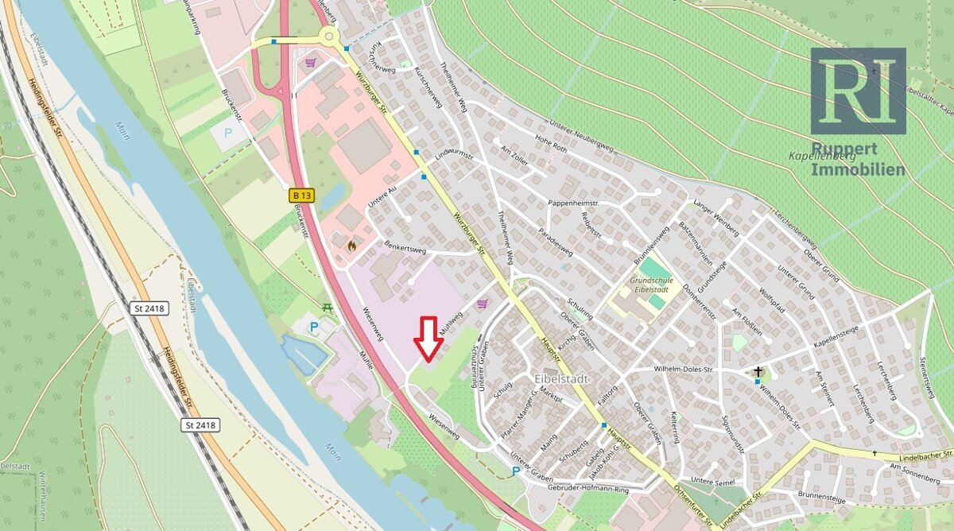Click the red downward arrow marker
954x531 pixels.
(430, 338)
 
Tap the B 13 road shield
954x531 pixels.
(300, 195)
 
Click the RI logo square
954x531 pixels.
(858, 91)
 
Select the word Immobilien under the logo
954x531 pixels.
(858, 169)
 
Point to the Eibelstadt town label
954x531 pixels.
(561, 379)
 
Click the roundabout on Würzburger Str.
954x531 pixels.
(328, 35)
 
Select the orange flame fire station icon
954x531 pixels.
(351, 246)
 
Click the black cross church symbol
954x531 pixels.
(758, 371)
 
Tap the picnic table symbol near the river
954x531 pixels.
(327, 307)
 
